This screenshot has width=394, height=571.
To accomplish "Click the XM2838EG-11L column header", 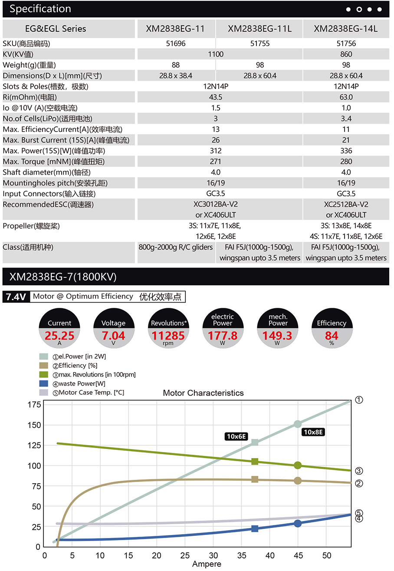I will (x=259, y=29).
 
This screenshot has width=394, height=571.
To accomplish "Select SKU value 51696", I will (x=175, y=43).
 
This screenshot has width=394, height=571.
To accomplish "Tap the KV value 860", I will (x=346, y=54).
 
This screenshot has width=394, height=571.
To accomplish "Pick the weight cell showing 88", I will (x=175, y=65).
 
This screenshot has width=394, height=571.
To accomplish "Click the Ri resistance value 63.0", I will (x=346, y=97).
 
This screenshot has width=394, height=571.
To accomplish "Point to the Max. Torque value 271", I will (x=216, y=162).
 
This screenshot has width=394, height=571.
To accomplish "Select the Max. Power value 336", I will (x=346, y=151).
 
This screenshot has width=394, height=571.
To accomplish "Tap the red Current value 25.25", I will (x=59, y=336).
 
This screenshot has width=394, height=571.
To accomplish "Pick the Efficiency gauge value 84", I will (x=331, y=336).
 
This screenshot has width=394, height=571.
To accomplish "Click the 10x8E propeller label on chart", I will (x=314, y=432).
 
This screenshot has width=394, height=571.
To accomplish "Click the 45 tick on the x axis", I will (x=297, y=555).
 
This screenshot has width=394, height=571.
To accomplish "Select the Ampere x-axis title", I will (x=207, y=564).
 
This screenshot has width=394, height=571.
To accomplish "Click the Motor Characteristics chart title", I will (x=203, y=393).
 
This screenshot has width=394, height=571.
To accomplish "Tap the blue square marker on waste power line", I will (x=255, y=528).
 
